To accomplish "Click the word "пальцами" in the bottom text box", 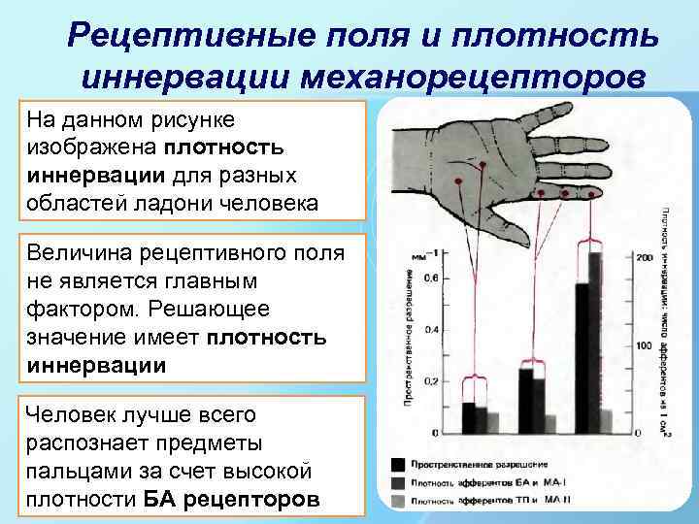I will coord(78,472).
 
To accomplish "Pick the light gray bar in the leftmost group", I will coord(494,422).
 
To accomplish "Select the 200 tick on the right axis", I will coord(643,257).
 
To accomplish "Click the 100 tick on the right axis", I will coord(643,345).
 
